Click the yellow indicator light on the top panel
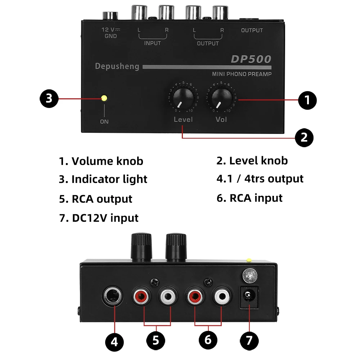coord(104,98)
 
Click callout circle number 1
coord(307,100)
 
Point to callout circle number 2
coord(304,138)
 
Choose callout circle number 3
coord(49,98)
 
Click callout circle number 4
coord(114,341)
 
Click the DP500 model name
coord(251,59)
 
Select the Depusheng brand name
coord(117,66)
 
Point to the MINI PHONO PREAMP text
coord(242,74)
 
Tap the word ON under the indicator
coord(104,122)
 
